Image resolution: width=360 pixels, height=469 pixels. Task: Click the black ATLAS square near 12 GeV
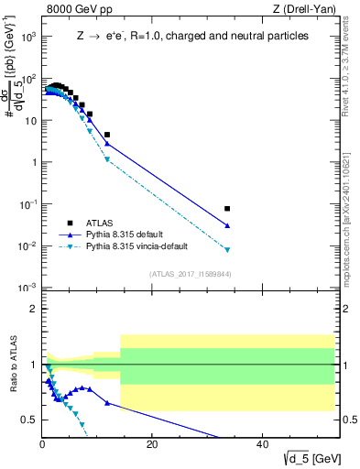[107, 135]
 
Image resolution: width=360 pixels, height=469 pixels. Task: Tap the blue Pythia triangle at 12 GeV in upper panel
[107, 143]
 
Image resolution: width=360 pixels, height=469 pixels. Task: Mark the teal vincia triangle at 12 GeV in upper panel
[107, 159]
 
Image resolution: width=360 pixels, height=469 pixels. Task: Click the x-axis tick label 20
[152, 444]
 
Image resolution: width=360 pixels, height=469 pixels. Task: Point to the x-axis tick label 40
[261, 444]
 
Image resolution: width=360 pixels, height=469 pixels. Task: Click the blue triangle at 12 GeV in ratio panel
[107, 403]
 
